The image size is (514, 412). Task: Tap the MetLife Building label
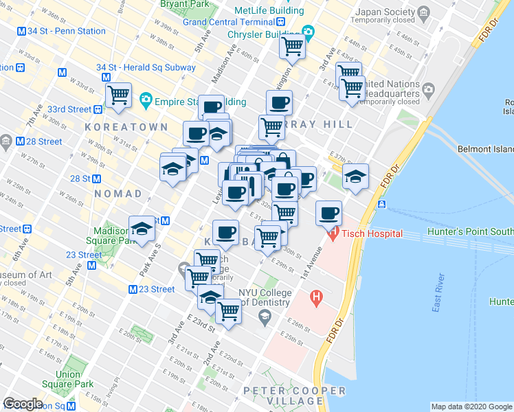pyautogui.click(x=269, y=11)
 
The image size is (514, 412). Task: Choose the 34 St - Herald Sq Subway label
pyautogui.click(x=146, y=68)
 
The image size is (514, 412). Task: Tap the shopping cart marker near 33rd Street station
pyautogui.click(x=119, y=95)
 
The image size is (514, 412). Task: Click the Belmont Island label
pyautogui.click(x=485, y=148)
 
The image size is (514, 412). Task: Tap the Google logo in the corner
pyautogui.click(x=23, y=404)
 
